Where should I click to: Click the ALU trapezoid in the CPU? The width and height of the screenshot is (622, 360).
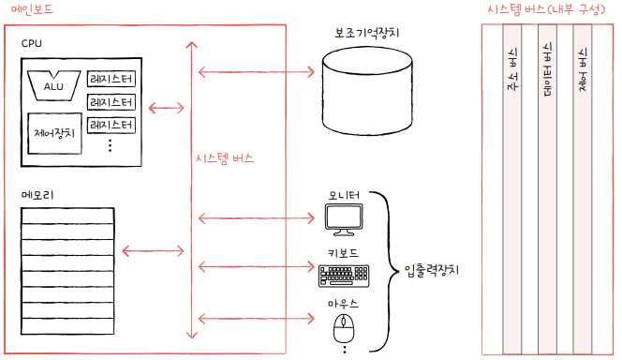[53, 85]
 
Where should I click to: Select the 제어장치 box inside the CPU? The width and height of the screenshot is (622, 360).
[54, 133]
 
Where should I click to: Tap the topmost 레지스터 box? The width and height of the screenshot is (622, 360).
[111, 79]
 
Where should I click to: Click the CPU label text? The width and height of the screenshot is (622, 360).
[31, 43]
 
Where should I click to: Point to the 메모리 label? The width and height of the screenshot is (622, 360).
[37, 195]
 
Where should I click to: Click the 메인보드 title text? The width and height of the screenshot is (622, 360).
[32, 9]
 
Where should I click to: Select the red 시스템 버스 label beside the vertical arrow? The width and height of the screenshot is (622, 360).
[225, 158]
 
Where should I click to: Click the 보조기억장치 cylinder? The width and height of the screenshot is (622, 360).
[367, 91]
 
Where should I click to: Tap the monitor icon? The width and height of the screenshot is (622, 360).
[344, 219]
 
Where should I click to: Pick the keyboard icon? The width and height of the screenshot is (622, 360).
[344, 276]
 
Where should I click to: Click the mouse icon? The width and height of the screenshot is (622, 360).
[344, 328]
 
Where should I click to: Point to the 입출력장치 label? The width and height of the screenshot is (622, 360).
[432, 271]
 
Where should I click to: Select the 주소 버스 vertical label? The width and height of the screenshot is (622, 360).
[512, 69]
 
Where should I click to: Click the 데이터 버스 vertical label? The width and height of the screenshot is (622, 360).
[547, 69]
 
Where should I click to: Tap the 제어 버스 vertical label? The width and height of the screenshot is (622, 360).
[583, 69]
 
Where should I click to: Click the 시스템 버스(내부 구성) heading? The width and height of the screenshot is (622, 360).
[546, 9]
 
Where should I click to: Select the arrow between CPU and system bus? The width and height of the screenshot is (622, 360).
[166, 108]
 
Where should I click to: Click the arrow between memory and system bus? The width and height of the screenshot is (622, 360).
[153, 251]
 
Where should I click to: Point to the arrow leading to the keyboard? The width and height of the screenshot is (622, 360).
[257, 266]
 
